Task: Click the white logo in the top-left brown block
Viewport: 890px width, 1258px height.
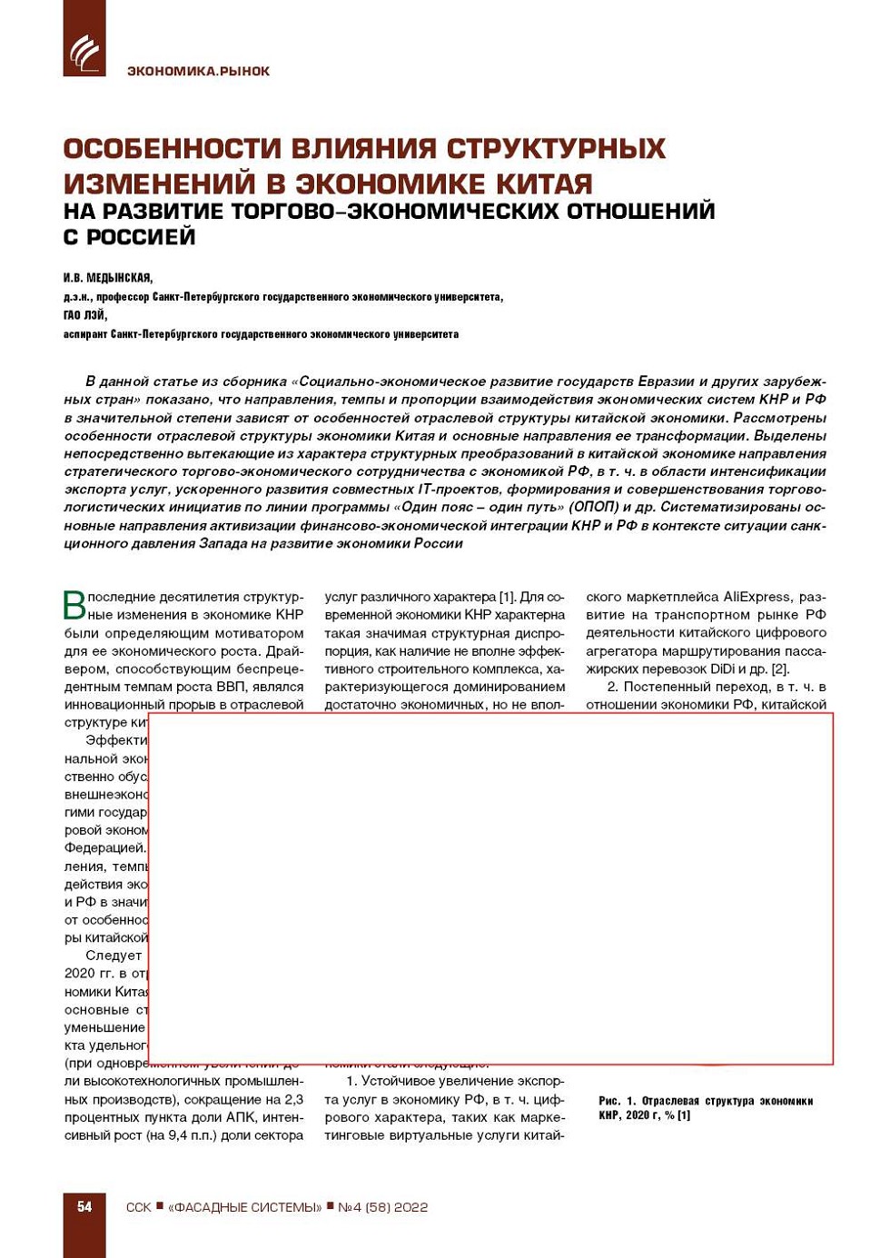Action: pos(84,53)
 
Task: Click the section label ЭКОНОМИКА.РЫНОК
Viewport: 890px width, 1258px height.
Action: pos(198,71)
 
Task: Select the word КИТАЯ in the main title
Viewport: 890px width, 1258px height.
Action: pos(544,183)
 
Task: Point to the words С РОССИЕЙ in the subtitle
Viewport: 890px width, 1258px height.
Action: pos(130,237)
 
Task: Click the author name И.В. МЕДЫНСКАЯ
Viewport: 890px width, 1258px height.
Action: pos(108,278)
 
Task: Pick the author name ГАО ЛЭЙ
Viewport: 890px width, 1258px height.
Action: pos(84,315)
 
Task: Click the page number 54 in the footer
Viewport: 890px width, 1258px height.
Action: pos(84,1206)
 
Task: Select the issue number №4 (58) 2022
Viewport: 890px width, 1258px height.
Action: pos(382,1207)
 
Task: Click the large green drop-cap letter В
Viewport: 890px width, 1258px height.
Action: pos(74,605)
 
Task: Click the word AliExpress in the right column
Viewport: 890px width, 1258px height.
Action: pos(756,597)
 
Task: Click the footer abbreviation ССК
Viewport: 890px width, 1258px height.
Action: pos(138,1207)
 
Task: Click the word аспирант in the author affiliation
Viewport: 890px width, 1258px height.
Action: pos(85,334)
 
